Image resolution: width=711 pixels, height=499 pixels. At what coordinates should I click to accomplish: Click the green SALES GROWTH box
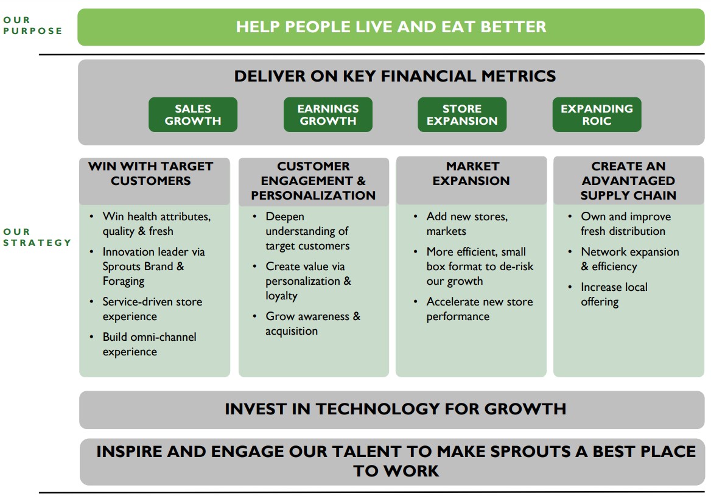193,114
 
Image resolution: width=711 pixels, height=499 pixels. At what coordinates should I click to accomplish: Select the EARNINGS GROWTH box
327,114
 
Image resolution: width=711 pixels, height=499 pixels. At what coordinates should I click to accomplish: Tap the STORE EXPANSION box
462,114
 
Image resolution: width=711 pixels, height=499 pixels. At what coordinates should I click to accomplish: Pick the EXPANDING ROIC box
597,114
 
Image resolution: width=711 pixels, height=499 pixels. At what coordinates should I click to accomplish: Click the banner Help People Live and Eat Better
391,27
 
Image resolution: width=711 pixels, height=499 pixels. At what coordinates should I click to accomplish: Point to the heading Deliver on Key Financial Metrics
395,76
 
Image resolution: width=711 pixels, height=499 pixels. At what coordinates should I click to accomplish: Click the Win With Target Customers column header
151,173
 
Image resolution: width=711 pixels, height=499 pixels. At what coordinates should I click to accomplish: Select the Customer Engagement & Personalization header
313,181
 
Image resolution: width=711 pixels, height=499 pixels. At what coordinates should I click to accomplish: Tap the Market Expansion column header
472,173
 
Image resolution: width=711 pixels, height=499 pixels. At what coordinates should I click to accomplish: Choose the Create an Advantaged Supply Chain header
628,181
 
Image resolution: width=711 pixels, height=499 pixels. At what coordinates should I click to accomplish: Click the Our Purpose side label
32,26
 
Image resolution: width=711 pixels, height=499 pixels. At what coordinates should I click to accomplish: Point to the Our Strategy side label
37,237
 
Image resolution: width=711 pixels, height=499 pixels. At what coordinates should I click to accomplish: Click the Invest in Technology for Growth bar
395,409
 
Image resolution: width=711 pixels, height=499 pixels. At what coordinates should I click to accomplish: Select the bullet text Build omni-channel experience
149,344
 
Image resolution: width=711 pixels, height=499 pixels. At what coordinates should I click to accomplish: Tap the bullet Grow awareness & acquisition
312,324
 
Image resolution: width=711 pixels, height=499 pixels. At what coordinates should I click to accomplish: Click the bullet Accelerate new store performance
479,309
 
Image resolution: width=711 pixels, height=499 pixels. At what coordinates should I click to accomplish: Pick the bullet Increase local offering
614,295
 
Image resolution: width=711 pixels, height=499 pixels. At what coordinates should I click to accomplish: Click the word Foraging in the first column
124,281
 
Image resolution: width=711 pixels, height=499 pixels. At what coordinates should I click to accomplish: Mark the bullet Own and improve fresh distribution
625,224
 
